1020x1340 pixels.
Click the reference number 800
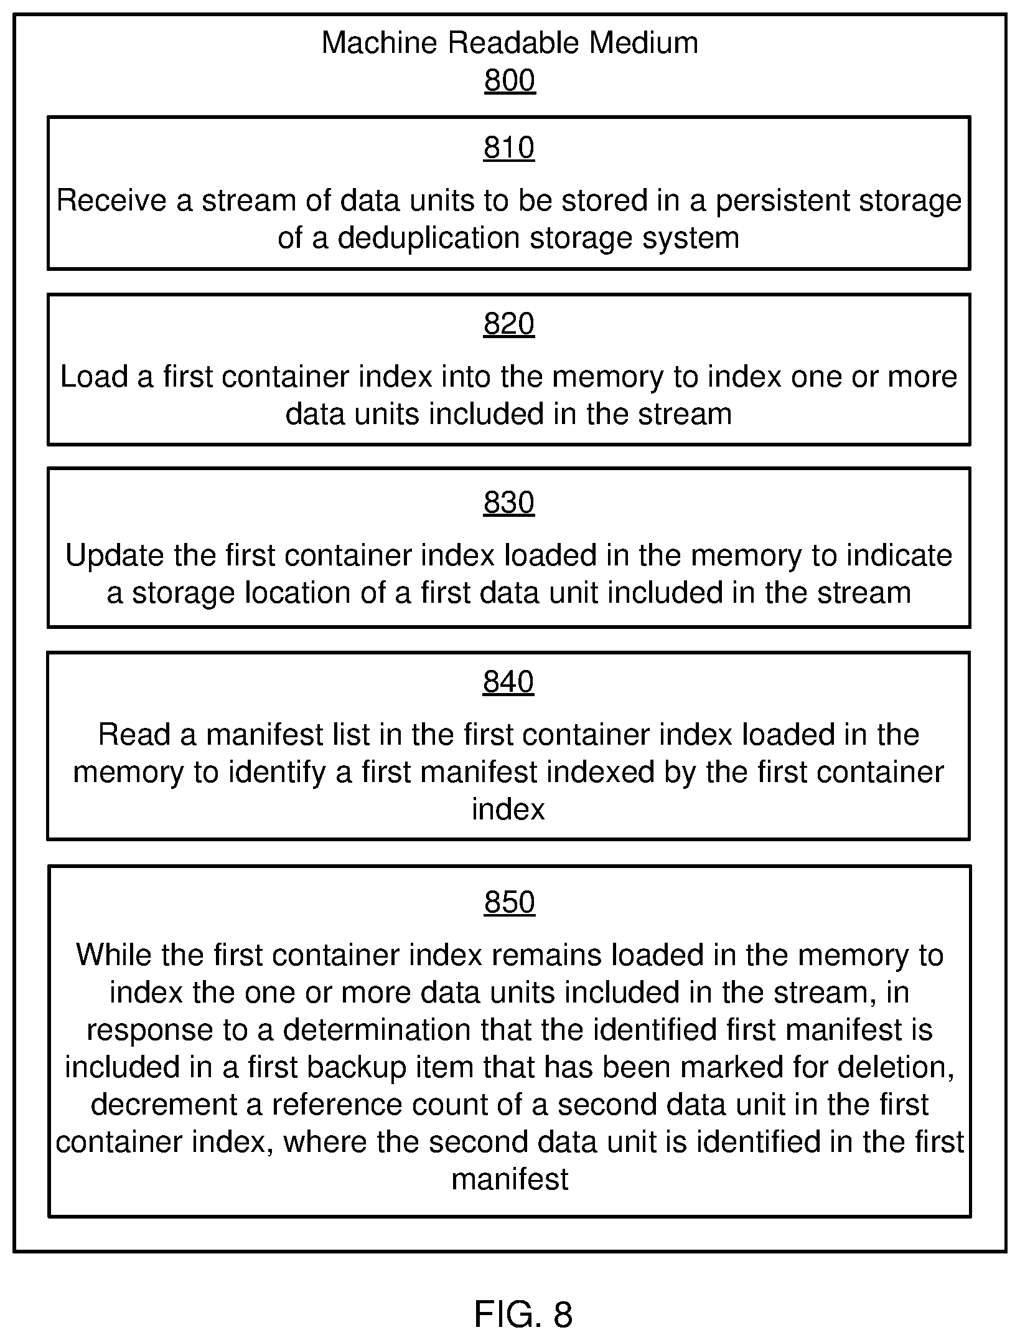click(510, 81)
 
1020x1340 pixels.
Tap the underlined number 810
click(509, 148)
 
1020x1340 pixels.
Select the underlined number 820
click(509, 324)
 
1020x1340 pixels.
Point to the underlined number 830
click(509, 502)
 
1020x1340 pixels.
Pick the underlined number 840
click(508, 682)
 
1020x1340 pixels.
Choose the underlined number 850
click(510, 902)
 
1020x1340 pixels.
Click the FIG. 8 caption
click(523, 1314)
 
